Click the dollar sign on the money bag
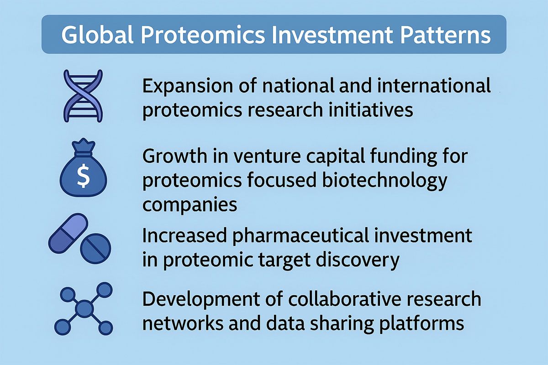pyautogui.click(x=83, y=177)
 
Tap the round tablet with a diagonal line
pyautogui.click(x=95, y=249)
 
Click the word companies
pyautogui.click(x=190, y=204)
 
